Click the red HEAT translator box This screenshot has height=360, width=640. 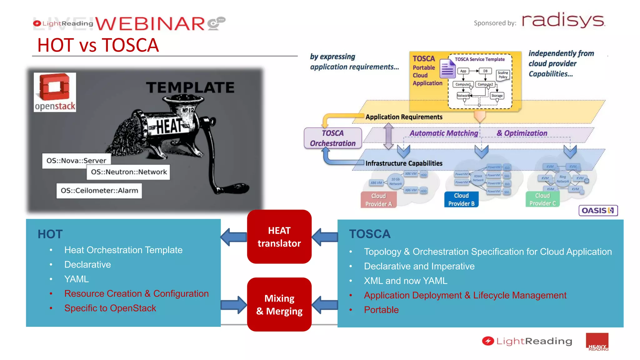[x=279, y=237]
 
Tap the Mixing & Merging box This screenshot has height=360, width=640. [x=279, y=304]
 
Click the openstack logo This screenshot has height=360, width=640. [x=55, y=92]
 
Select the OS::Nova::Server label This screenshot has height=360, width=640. [x=76, y=161]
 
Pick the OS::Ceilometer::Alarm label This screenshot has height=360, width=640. [x=99, y=191]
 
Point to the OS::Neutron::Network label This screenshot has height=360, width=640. [x=128, y=172]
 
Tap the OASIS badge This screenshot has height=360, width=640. [x=598, y=210]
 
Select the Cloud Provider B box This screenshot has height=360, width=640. [x=461, y=199]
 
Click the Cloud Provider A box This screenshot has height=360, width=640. [x=378, y=200]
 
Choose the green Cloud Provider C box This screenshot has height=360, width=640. [x=542, y=199]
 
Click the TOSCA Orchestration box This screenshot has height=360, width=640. [x=333, y=138]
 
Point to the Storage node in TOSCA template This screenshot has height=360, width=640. [x=497, y=96]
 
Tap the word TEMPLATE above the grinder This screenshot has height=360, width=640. [x=190, y=87]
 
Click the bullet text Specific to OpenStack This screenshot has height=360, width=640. [x=110, y=308]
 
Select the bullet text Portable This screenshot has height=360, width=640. [x=381, y=310]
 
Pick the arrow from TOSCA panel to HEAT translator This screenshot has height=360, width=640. [x=325, y=237]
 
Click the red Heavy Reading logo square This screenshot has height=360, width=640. [x=597, y=342]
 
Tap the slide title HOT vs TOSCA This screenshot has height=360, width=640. [x=98, y=45]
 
